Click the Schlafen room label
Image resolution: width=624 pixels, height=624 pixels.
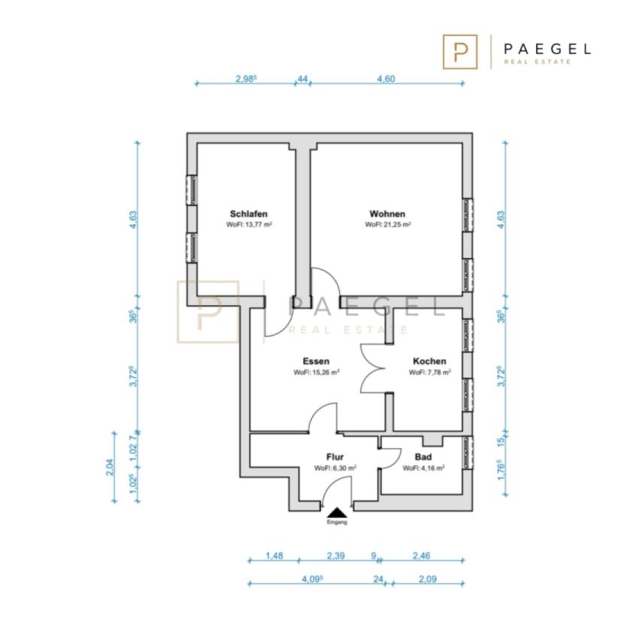[249, 214]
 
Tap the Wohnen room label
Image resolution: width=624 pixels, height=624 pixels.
[387, 214]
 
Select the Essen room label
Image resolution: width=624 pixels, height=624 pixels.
[316, 362]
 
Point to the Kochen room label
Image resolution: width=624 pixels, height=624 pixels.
[429, 362]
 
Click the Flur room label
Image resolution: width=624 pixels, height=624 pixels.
[335, 457]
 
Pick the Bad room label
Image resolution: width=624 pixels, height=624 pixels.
[423, 457]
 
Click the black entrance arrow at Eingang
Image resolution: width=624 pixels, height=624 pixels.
[337, 512]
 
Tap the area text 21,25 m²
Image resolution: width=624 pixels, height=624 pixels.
[392, 225]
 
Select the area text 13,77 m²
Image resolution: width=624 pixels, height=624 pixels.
[254, 225]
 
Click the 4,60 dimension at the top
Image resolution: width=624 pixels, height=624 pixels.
[386, 79]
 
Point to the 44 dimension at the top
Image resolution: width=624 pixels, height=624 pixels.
[302, 79]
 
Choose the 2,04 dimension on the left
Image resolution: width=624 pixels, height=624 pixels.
[111, 467]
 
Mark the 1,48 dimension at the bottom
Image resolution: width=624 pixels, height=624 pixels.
[274, 556]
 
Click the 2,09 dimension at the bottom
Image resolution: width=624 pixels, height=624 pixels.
[428, 579]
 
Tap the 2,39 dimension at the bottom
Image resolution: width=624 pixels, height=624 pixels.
[336, 556]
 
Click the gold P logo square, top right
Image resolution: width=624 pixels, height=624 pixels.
[460, 52]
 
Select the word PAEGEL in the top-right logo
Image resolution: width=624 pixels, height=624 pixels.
[547, 49]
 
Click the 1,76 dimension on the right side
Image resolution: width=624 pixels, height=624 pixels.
[501, 470]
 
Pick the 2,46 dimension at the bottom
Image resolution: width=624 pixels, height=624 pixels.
[422, 556]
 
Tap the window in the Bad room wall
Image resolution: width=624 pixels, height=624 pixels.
[468, 453]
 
